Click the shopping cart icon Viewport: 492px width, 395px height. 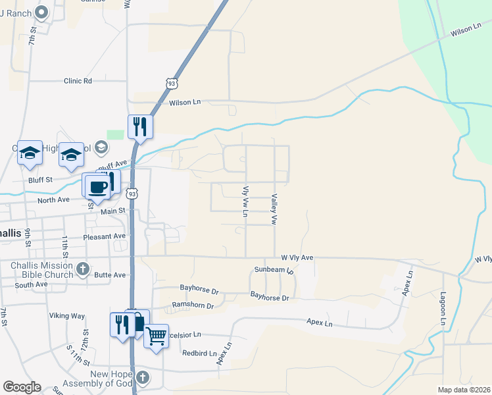pyautogui.click(x=156, y=336)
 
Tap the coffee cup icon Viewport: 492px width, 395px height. pyautogui.click(x=98, y=186)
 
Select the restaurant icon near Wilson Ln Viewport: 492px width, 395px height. pyautogui.click(x=140, y=126)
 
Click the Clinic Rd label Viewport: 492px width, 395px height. pyautogui.click(x=78, y=81)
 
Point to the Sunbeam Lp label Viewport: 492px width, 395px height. pyautogui.click(x=273, y=270)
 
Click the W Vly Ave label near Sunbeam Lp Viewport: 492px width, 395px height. pyautogui.click(x=297, y=258)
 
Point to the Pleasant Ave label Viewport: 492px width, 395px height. pyautogui.click(x=104, y=236)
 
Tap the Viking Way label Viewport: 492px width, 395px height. pyautogui.click(x=66, y=316)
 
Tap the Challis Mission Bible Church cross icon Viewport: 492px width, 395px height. pyautogui.click(x=83, y=268)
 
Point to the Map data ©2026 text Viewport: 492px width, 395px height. pyautogui.click(x=463, y=390)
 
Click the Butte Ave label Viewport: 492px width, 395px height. pyautogui.click(x=110, y=275)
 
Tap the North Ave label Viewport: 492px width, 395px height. pyautogui.click(x=53, y=200)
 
